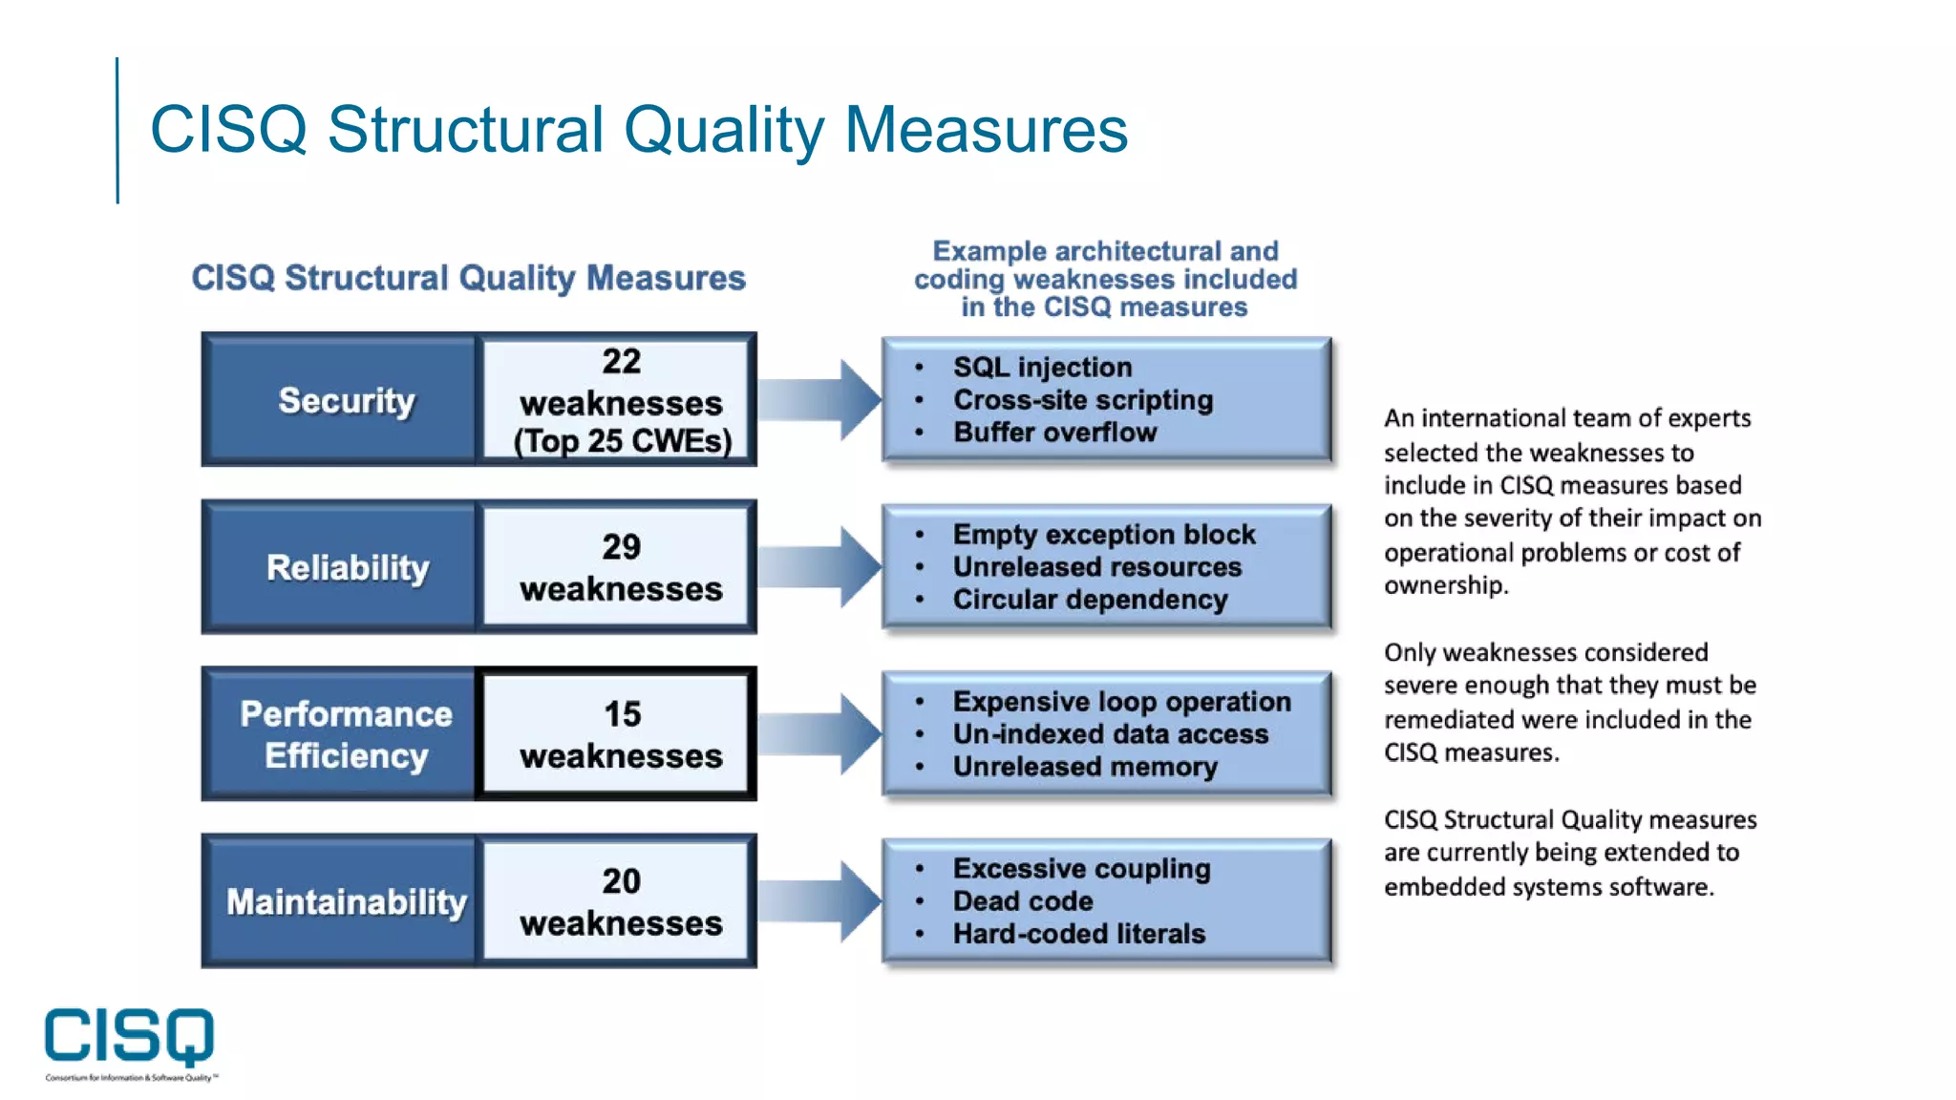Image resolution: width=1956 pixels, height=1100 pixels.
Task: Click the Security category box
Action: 346,400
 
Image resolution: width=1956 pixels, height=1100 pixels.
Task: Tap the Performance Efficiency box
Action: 346,734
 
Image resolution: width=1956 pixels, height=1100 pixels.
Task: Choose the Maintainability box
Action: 346,901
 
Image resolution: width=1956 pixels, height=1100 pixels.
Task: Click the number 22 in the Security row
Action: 621,362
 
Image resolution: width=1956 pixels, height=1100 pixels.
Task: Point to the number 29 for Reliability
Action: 621,547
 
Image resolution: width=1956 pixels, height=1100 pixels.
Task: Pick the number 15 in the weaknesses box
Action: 622,714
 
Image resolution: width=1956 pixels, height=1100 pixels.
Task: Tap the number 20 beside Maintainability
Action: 621,881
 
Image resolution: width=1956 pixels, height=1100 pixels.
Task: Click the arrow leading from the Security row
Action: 821,399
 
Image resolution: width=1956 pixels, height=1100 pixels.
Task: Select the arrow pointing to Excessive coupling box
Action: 821,900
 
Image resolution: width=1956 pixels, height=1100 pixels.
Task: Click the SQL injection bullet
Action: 1042,368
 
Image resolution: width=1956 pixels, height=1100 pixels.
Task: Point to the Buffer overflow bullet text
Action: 1054,433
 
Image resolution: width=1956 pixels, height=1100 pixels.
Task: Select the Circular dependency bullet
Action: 1090,600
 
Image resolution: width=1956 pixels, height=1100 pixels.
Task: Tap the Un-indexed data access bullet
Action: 1110,734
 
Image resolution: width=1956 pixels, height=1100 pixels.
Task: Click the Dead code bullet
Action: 1022,901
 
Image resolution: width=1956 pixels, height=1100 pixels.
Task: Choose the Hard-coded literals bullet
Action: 1078,934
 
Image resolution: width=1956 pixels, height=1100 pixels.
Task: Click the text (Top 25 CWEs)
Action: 623,441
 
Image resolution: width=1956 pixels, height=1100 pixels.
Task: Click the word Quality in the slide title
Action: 723,130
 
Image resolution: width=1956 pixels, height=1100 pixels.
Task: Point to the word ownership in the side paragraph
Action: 1444,585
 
